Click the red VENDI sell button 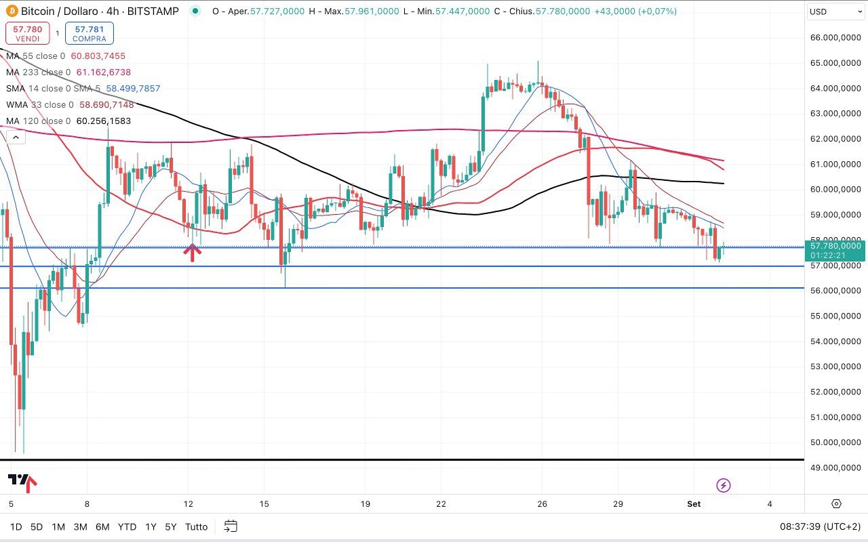pyautogui.click(x=28, y=33)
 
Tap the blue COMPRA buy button pyautogui.click(x=90, y=33)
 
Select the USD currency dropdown pyautogui.click(x=835, y=12)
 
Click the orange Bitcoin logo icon pyautogui.click(x=12, y=12)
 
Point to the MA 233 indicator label pyautogui.click(x=38, y=72)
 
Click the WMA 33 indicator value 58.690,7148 pyautogui.click(x=106, y=105)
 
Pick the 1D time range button pyautogui.click(x=16, y=526)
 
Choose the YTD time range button pyautogui.click(x=127, y=526)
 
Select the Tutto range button pyautogui.click(x=196, y=526)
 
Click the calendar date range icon pyautogui.click(x=231, y=526)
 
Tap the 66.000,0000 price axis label pyautogui.click(x=836, y=38)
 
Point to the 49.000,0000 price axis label pyautogui.click(x=836, y=468)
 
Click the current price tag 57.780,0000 pyautogui.click(x=835, y=246)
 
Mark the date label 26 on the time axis pyautogui.click(x=542, y=504)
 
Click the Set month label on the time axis pyautogui.click(x=694, y=504)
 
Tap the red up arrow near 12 pyautogui.click(x=193, y=253)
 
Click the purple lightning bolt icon pyautogui.click(x=724, y=485)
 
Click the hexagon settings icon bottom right pyautogui.click(x=836, y=504)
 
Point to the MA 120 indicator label pyautogui.click(x=38, y=121)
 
